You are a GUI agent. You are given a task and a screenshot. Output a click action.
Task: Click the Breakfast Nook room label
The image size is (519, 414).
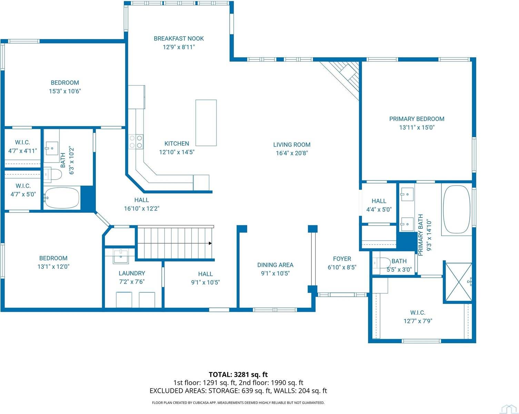point(179,39)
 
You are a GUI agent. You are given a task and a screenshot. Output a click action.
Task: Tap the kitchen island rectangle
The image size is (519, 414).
point(206,123)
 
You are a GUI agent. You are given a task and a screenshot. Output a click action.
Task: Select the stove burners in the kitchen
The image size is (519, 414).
point(136,141)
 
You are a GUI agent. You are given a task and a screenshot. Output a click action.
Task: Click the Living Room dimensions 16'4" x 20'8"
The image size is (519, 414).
point(292,153)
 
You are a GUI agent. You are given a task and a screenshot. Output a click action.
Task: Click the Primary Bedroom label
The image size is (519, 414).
point(417,119)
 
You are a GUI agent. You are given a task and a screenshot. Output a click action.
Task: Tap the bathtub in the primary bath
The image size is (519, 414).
point(457,210)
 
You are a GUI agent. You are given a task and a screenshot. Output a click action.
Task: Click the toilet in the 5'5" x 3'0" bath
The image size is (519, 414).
point(382,263)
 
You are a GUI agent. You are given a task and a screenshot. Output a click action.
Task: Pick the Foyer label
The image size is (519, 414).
point(342,259)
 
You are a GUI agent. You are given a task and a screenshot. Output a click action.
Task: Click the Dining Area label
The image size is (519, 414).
point(275,265)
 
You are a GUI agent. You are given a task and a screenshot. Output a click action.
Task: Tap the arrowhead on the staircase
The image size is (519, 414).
point(210,243)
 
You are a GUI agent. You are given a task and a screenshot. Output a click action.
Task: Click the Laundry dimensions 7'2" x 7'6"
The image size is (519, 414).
point(132,282)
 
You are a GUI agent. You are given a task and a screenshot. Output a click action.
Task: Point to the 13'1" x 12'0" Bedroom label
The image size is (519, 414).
point(53,258)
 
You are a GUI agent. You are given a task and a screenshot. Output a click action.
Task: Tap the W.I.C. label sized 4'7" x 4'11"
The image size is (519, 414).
point(22,142)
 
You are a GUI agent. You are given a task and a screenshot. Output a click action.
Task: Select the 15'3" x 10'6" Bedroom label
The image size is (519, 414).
point(65,83)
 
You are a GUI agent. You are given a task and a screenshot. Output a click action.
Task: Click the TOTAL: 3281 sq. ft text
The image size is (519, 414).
point(238,374)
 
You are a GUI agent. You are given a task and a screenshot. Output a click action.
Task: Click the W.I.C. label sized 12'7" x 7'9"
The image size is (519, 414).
point(418,313)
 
